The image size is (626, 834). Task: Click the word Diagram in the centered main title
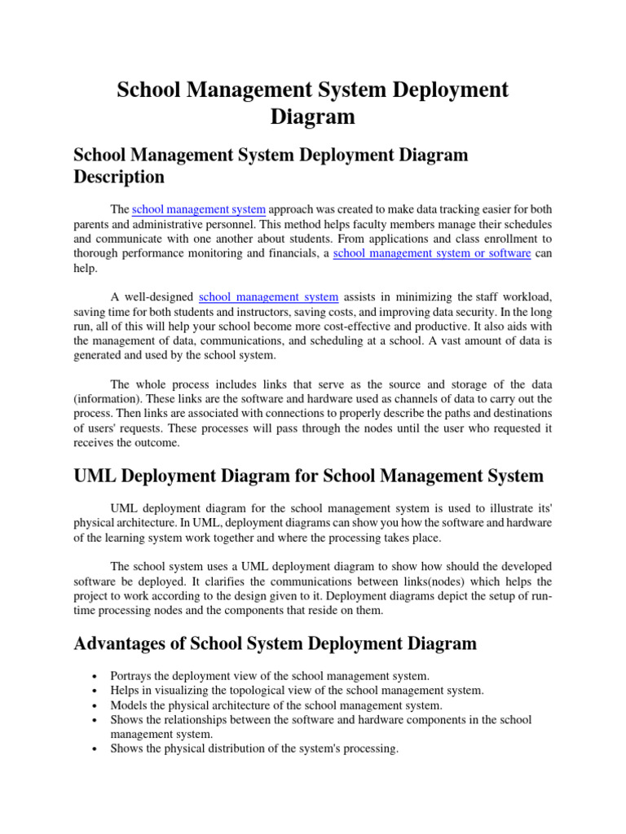pyautogui.click(x=313, y=116)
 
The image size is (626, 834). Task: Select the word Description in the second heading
pyautogui.click(x=119, y=177)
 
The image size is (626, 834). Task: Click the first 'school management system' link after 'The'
pyautogui.click(x=198, y=208)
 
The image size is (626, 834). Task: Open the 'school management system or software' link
pyautogui.click(x=432, y=253)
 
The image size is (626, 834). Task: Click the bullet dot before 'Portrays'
pyautogui.click(x=96, y=676)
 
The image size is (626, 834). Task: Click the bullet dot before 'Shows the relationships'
pyautogui.click(x=96, y=720)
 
